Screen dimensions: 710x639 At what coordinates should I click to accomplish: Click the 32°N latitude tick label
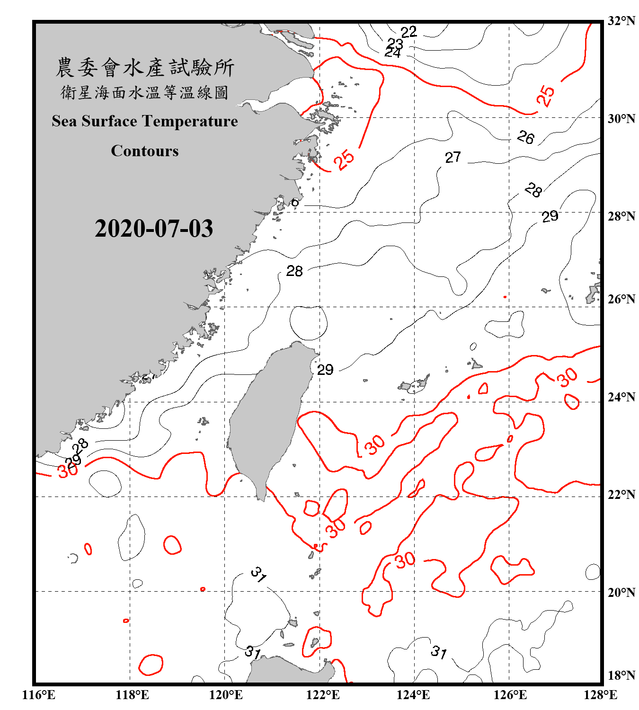pos(621,21)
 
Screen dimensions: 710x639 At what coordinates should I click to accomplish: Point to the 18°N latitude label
pos(621,675)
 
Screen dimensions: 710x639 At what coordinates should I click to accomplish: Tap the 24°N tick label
pos(621,397)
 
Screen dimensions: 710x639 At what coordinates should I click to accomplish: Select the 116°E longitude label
pos(39,695)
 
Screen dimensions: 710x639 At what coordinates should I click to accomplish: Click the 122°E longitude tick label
pos(323,695)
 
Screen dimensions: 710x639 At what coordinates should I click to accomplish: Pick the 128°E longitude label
pos(600,695)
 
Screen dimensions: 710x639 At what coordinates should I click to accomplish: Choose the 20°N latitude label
pos(621,592)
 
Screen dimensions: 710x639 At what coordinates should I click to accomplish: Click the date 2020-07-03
pos(154,229)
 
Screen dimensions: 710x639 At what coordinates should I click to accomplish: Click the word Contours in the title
pos(145,151)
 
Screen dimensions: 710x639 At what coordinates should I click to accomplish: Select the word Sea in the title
pos(64,121)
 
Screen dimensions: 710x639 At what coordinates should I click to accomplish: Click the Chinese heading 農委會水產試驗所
pos(145,68)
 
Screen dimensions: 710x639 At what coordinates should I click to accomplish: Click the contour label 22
pos(408,32)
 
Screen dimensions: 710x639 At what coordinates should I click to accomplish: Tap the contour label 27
pos(453,157)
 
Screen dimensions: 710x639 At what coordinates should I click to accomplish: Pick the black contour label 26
pos(525,138)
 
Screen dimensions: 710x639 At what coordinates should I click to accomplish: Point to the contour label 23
pos(395,44)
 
